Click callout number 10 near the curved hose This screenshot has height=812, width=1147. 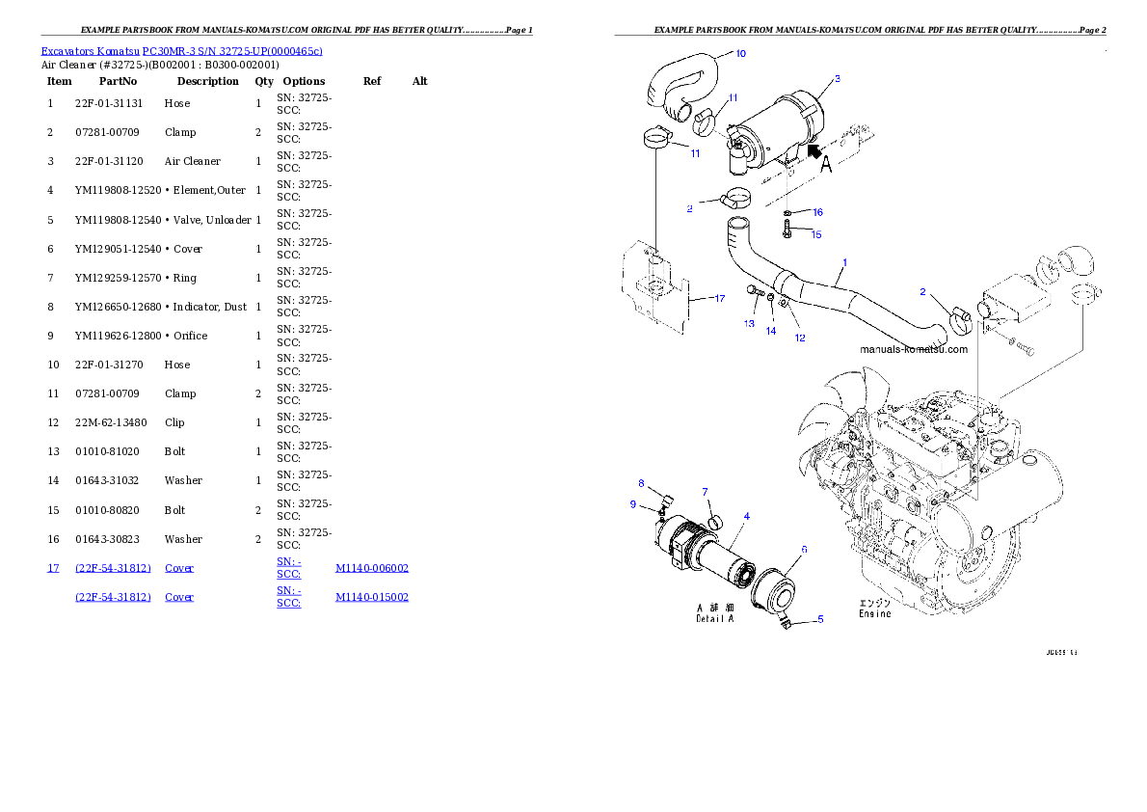740,54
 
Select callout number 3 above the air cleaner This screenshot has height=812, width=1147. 837,79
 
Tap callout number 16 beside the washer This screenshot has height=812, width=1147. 817,212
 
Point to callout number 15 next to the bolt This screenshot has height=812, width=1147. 815,234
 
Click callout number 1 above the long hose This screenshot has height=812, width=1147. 844,262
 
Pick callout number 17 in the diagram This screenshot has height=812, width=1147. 719,298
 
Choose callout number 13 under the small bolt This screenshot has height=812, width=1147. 749,324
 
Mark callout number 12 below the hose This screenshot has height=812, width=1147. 800,338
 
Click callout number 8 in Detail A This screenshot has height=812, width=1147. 641,483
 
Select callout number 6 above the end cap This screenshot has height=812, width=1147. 804,549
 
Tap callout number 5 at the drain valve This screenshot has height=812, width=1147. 819,619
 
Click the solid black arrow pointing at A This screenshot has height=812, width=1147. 815,150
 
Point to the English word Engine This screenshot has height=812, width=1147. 875,614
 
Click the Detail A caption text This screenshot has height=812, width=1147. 715,618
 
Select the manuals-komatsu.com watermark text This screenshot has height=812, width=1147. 913,349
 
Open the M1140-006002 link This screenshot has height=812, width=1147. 372,569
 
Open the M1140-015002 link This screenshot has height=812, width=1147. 372,598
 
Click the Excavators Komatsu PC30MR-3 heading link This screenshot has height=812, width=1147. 181,50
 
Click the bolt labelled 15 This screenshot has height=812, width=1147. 787,230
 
